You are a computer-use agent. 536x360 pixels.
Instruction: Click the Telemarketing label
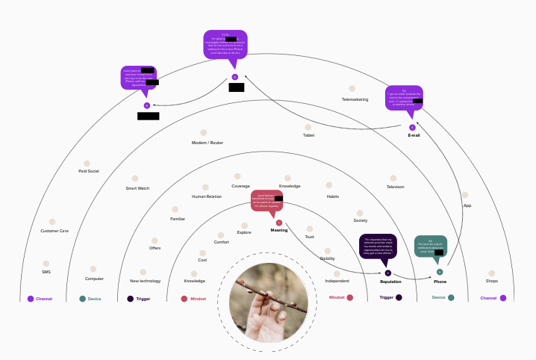(x=355, y=99)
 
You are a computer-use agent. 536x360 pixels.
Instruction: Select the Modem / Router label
(x=207, y=143)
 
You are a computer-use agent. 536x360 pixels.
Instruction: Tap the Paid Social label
(x=88, y=171)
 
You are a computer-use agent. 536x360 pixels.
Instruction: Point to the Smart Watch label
(x=137, y=188)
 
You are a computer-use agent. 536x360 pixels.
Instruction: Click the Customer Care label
(x=54, y=231)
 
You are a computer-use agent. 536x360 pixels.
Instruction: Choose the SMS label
(x=46, y=272)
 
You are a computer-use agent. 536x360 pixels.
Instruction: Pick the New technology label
(x=145, y=281)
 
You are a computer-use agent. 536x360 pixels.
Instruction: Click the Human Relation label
(x=207, y=196)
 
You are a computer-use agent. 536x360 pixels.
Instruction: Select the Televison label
(x=395, y=187)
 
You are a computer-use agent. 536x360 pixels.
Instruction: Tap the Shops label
(x=491, y=281)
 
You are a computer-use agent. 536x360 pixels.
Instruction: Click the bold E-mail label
(x=414, y=136)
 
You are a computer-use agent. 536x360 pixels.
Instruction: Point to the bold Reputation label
(x=390, y=282)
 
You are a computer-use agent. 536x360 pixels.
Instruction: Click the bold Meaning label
(x=279, y=230)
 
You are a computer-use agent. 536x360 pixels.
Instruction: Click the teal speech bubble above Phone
(x=431, y=247)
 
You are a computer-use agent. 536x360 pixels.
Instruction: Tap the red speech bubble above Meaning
(x=276, y=202)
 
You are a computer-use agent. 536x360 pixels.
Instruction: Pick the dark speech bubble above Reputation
(x=378, y=244)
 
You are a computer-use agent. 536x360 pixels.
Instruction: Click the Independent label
(x=337, y=281)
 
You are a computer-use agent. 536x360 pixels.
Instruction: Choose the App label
(x=467, y=205)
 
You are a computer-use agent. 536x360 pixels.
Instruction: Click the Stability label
(x=327, y=258)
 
